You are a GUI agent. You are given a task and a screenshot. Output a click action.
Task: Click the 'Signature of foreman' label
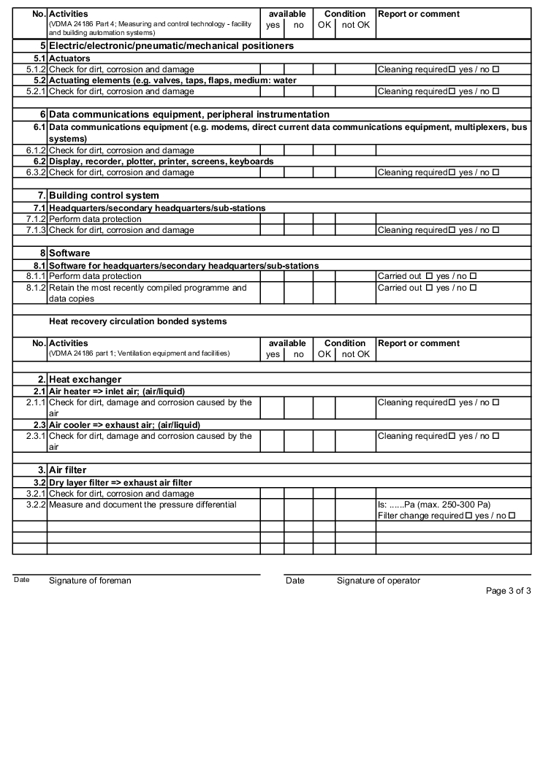click(x=90, y=581)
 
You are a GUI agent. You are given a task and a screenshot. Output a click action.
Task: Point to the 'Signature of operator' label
click(x=379, y=581)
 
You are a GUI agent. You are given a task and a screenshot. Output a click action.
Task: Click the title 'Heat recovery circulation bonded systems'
click(x=137, y=321)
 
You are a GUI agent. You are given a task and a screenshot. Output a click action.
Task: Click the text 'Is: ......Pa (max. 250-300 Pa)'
click(x=434, y=505)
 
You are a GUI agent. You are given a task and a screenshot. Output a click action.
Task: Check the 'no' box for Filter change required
click(x=512, y=516)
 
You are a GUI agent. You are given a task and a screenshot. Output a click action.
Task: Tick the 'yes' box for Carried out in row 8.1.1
click(x=429, y=277)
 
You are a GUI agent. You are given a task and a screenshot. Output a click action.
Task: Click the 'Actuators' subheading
click(x=69, y=58)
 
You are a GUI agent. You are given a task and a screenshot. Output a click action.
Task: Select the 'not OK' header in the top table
click(x=355, y=26)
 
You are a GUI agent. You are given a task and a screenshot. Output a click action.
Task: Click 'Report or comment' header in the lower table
click(x=419, y=343)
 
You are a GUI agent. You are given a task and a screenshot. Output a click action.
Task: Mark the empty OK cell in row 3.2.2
click(x=324, y=510)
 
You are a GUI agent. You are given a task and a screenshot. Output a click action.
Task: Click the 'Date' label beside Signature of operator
click(x=295, y=581)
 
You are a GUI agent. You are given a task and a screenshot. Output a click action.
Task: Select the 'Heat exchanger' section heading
click(x=85, y=379)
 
